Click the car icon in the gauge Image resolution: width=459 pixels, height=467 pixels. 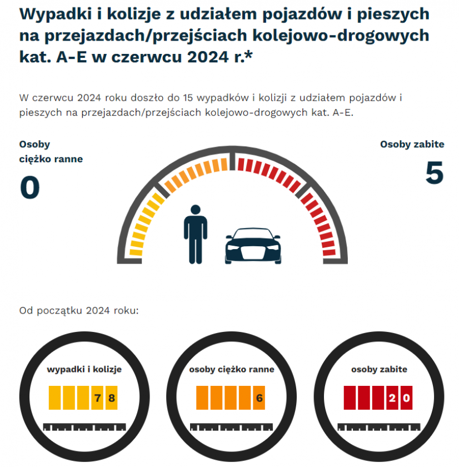[x=253, y=245]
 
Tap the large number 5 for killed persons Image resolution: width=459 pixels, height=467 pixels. [x=434, y=173]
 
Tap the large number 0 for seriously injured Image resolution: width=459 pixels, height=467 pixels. [x=30, y=188]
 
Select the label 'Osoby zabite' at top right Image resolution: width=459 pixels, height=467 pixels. [x=412, y=145]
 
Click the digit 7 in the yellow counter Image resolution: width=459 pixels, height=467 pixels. [x=97, y=398]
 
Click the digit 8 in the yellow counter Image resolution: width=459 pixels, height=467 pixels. [x=111, y=398]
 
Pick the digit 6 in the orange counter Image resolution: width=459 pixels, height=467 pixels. [x=259, y=398]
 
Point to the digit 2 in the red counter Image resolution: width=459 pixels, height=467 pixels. [x=392, y=398]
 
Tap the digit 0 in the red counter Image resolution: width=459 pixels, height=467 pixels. [x=406, y=398]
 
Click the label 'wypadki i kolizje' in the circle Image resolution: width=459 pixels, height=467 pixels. [x=84, y=369]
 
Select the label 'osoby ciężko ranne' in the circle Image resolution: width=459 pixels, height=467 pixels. [x=231, y=369]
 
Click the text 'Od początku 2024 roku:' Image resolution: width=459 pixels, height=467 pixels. [x=79, y=310]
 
